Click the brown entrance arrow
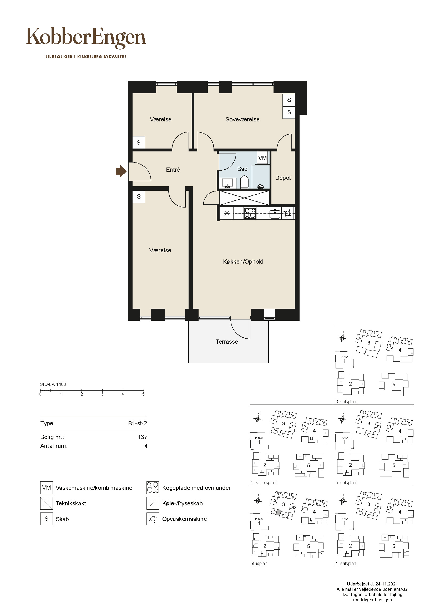pos(121,171)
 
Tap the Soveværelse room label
pos(242,119)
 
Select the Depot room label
pos(283,178)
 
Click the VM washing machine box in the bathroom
pos(262,157)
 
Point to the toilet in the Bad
pos(244,182)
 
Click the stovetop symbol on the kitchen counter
pos(250,214)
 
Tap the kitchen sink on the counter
pos(275,214)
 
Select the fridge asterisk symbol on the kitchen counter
pos(227,214)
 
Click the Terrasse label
pos(227,342)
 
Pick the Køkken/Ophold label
pos(243,262)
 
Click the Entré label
pos(173,170)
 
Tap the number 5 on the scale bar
pos(143,394)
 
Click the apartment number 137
pos(143,437)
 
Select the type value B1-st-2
pos(137,423)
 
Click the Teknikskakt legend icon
pos(46,503)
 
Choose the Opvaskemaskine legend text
pos(185,519)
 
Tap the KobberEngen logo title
pos(86,38)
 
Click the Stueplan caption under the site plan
pos(259,563)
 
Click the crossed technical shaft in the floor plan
pos(244,198)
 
